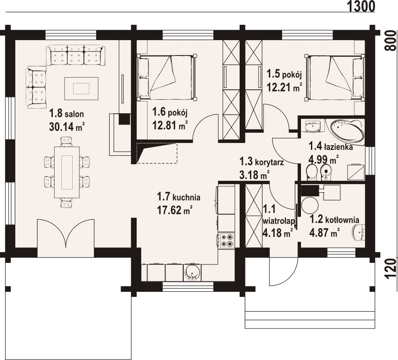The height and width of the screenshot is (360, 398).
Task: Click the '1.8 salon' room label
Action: point(66,114)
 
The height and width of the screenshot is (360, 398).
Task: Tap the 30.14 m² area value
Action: point(67,127)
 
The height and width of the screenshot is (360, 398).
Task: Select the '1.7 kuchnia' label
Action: point(178,197)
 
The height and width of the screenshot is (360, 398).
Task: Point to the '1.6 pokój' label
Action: point(170,112)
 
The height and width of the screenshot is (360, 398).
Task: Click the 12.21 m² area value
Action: point(284,88)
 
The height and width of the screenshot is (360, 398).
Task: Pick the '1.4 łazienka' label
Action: point(330,146)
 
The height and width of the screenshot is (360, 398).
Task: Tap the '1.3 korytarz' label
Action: point(261,162)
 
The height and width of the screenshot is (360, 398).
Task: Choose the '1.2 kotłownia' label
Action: point(334,219)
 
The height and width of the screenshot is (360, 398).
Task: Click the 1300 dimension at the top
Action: point(361,6)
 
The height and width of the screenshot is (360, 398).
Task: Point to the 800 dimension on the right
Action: point(391,41)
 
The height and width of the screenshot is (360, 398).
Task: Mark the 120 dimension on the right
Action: point(391,269)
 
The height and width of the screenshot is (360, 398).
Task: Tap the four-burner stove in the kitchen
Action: point(227,240)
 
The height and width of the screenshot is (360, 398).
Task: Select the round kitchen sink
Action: point(192,273)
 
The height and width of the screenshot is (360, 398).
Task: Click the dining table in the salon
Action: point(67,172)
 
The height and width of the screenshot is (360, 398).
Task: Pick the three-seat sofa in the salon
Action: point(75,55)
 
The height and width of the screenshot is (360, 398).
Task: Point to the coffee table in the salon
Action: point(81,89)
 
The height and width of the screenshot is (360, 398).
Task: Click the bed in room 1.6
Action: point(167,77)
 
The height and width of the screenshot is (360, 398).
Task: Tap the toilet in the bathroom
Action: point(311,172)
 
